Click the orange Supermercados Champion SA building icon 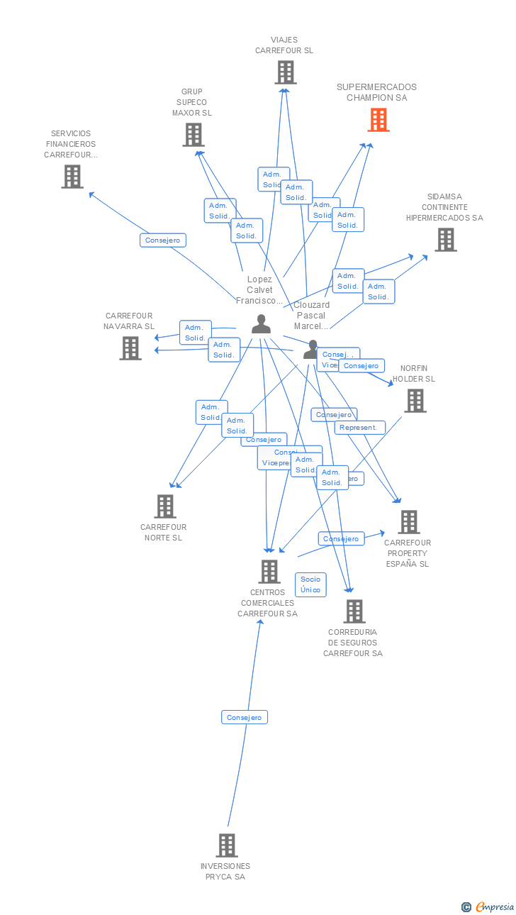[378, 120]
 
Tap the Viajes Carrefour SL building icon [285, 72]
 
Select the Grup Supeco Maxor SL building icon [193, 135]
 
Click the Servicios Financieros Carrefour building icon [72, 177]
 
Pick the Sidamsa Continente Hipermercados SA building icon [445, 240]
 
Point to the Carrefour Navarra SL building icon [130, 348]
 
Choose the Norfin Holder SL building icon [415, 401]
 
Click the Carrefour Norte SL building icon [165, 506]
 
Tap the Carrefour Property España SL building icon [408, 522]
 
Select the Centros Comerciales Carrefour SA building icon [269, 572]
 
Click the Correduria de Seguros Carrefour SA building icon [354, 611]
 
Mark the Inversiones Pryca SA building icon [227, 845]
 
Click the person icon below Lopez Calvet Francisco [261, 324]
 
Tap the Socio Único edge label [310, 584]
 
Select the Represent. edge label [360, 428]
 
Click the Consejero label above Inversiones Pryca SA [244, 717]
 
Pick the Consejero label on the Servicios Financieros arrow [163, 240]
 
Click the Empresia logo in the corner [488, 906]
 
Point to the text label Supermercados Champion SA [376, 92]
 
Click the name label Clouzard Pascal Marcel [312, 316]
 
